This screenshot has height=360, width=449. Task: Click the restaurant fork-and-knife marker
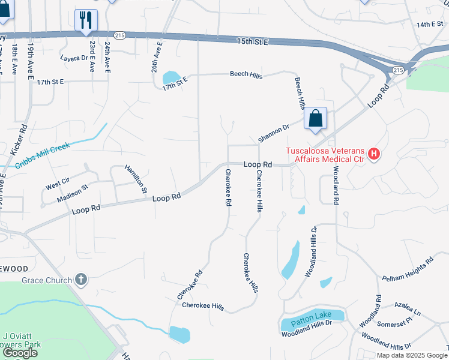point(86,19)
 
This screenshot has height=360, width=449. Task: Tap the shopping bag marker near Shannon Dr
point(316,118)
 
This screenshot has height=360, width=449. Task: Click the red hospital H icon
point(374,154)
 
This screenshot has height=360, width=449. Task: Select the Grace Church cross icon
point(81,280)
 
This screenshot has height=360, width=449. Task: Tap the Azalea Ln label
point(408,310)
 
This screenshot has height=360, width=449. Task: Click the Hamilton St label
point(136,179)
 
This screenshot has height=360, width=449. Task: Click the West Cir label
point(56,184)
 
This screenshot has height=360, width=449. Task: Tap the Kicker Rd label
point(23,138)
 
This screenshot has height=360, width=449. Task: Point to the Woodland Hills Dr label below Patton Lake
point(307,333)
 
